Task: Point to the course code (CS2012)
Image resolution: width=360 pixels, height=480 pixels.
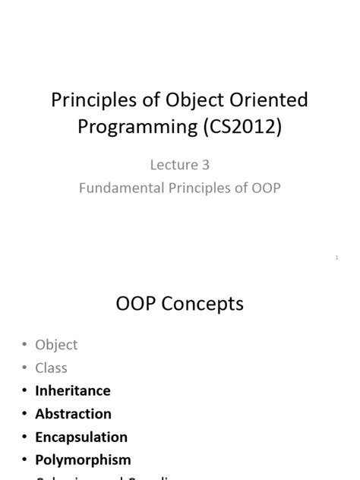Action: (x=242, y=127)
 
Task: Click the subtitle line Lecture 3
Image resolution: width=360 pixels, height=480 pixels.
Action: (x=179, y=165)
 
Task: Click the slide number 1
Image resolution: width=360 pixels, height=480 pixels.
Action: (x=336, y=258)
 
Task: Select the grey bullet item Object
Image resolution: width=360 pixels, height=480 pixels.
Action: (x=56, y=345)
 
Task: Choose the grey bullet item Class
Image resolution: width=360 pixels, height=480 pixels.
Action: (x=51, y=368)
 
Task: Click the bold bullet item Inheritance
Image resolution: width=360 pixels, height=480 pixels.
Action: (x=73, y=390)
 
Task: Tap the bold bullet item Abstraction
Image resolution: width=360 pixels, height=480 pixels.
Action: (x=73, y=414)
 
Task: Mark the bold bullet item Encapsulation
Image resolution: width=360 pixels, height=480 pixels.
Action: (x=81, y=437)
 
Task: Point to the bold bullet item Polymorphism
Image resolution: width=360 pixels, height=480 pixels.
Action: (x=83, y=459)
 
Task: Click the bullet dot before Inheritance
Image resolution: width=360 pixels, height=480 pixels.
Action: (x=24, y=391)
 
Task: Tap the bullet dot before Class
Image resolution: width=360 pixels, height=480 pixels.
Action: (x=24, y=368)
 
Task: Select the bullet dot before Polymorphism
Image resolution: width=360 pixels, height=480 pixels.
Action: (x=24, y=460)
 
